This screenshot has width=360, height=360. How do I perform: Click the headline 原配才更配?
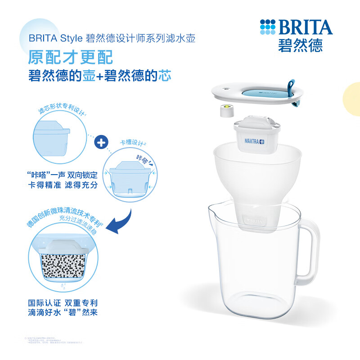(x=70, y=58)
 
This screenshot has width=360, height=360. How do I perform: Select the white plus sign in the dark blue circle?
(x=101, y=143)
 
